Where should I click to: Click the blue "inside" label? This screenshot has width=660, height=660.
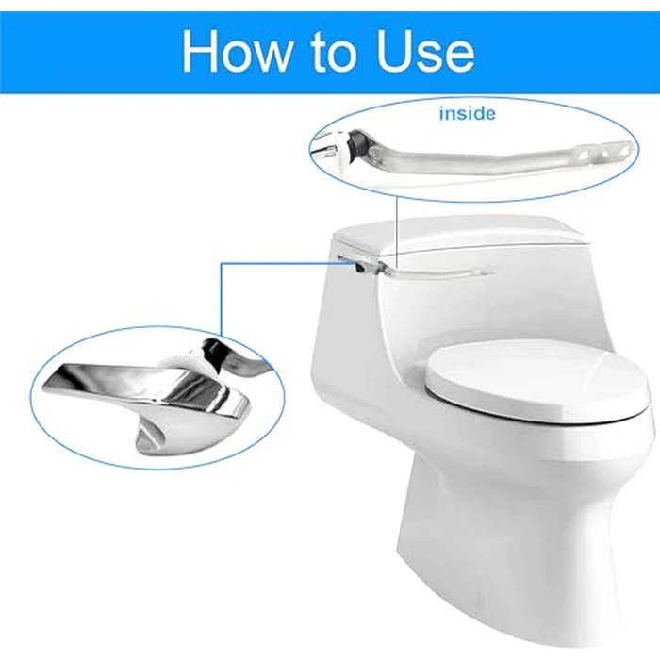(x=466, y=114)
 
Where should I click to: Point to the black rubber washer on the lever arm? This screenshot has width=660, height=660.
(x=357, y=146)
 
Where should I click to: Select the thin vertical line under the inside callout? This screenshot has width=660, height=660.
(x=398, y=226)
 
